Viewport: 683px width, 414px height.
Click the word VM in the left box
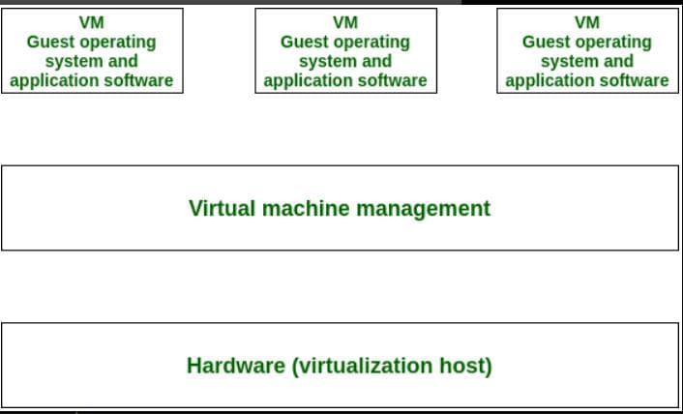click(x=91, y=22)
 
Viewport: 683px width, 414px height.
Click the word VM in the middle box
click(x=345, y=22)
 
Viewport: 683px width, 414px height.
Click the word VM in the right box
click(x=587, y=22)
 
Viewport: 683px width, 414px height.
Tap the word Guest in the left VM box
click(x=51, y=42)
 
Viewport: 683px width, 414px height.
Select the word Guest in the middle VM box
click(x=305, y=42)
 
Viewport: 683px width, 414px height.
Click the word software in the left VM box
click(x=138, y=80)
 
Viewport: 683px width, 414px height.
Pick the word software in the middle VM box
click(x=392, y=80)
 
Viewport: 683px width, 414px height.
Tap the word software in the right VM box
click(x=634, y=80)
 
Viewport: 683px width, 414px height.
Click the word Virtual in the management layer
click(x=221, y=208)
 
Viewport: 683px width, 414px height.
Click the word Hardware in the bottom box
click(x=228, y=366)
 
